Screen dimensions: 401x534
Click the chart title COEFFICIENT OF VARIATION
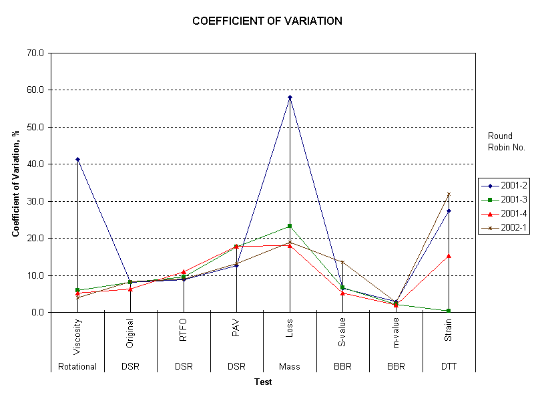267,21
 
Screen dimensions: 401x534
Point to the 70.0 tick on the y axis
36,53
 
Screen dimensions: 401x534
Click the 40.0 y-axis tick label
36,164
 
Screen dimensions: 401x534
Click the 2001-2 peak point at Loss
290,98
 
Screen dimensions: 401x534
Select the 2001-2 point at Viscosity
77,159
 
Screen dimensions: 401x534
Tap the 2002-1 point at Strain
449,194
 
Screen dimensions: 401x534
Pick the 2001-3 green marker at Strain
449,311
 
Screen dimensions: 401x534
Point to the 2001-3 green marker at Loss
290,226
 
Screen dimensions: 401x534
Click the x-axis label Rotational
77,366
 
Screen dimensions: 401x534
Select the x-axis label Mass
290,366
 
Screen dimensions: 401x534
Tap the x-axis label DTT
449,366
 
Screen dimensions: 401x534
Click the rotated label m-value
396,333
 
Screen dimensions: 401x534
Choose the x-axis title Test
263,382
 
